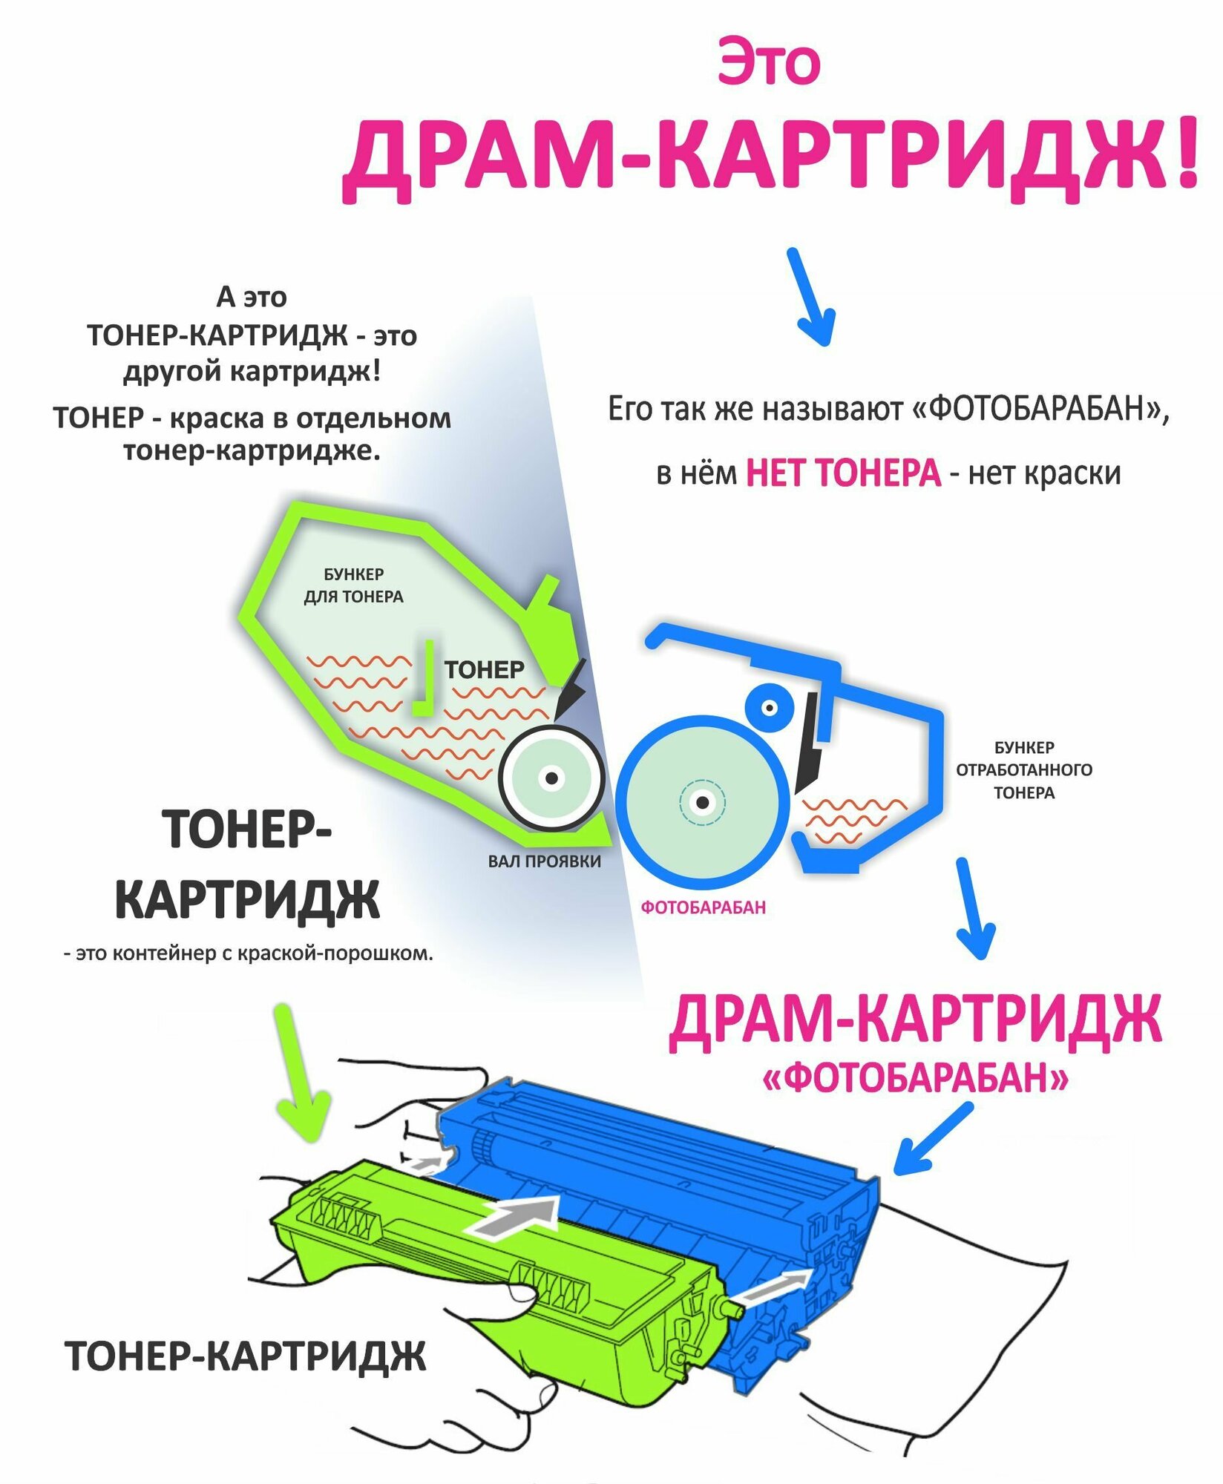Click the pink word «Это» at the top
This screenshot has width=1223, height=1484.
pos(769,63)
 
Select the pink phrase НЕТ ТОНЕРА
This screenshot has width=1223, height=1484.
pos(843,473)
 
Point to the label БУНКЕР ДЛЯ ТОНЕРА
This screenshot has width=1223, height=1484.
pos(353,585)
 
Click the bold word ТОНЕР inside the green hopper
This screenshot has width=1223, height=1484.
pos(484,670)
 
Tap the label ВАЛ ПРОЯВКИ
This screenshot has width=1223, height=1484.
pos(544,861)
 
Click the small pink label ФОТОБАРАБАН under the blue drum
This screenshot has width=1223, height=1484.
pos(703,907)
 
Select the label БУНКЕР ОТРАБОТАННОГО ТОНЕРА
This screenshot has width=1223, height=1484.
pos(1023,769)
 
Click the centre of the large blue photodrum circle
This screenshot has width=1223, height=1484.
pos(702,802)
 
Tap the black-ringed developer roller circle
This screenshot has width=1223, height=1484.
pos(551,778)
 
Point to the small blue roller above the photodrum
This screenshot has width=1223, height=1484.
pos(769,708)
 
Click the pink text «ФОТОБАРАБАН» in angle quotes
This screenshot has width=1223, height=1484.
pos(915,1077)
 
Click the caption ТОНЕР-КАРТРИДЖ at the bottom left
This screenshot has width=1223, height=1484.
pos(246,1356)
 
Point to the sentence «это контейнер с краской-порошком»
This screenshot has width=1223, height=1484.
pos(248,953)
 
